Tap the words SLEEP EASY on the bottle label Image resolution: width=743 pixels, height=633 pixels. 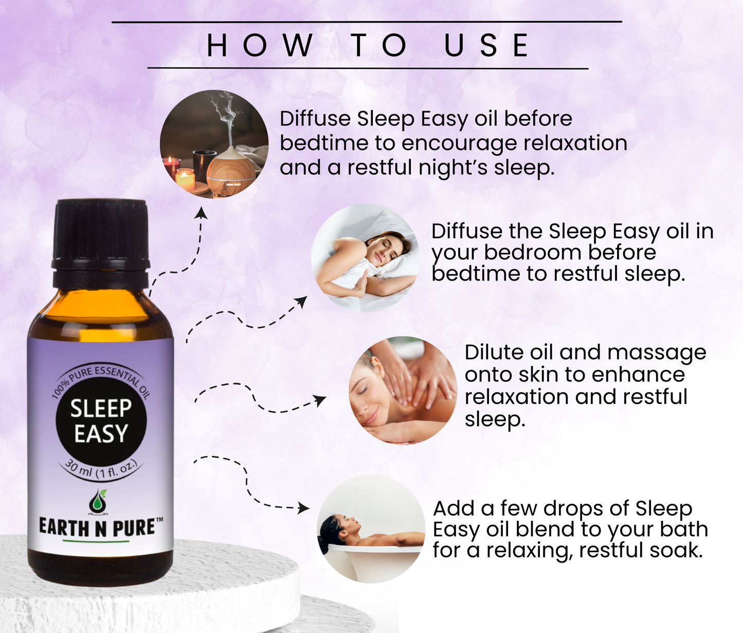(x=101, y=420)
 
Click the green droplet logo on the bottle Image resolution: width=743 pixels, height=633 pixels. (x=97, y=501)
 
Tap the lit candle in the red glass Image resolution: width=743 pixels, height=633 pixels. (x=171, y=167)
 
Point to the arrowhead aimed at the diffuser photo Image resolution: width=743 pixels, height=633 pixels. (x=201, y=213)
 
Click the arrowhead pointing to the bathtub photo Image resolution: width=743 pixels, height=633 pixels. (x=304, y=508)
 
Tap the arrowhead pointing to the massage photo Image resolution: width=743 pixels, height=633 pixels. (x=319, y=400)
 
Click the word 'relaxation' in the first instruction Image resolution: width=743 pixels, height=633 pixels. (x=575, y=143)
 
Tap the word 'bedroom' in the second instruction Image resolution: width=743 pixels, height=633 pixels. (x=533, y=252)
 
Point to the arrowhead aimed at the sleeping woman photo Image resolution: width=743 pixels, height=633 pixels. (x=302, y=302)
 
